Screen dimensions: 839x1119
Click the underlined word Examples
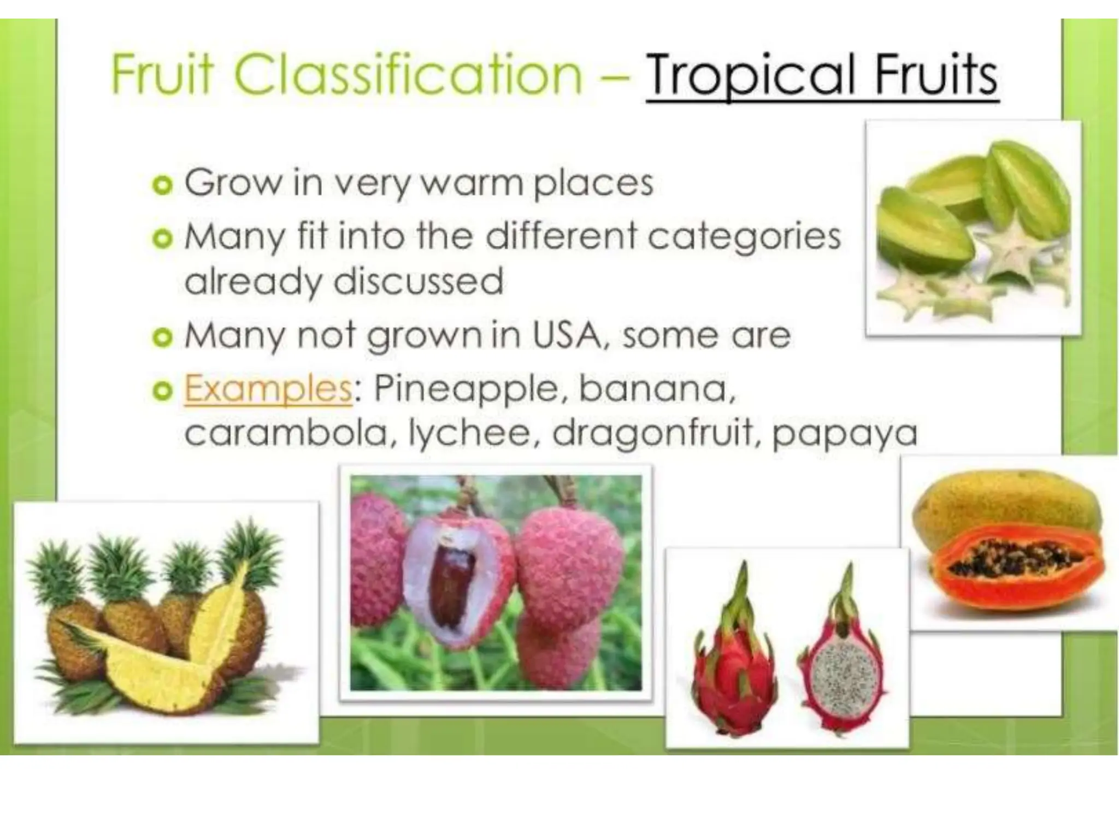click(268, 389)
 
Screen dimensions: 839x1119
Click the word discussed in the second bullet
click(418, 281)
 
